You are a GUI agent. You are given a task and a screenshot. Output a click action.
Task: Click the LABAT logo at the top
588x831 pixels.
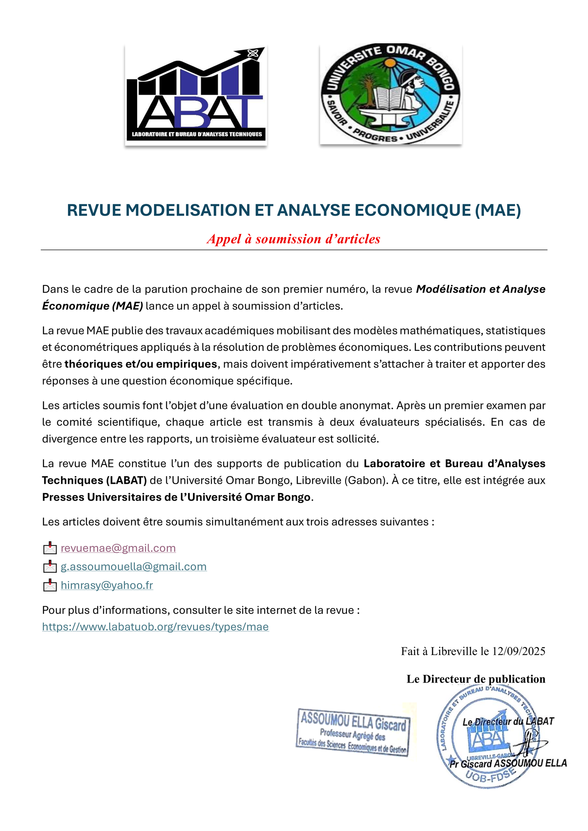(x=196, y=95)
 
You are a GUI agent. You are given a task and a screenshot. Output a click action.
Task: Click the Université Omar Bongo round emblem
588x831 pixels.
(x=390, y=94)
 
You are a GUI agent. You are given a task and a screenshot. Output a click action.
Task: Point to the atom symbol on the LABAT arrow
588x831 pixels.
(x=253, y=54)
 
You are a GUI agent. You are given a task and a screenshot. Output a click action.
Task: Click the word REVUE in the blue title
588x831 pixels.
(x=94, y=210)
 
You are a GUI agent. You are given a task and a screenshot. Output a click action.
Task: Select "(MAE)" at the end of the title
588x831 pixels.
(x=498, y=210)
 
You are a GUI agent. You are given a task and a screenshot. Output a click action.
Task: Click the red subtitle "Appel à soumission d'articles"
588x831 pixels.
(x=293, y=239)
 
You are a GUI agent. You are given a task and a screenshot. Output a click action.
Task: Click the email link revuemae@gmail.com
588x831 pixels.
(x=118, y=548)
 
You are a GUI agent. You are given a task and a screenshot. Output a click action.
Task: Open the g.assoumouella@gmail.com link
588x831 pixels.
(x=133, y=566)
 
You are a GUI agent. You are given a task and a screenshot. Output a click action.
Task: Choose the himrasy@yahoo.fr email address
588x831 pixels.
(x=107, y=585)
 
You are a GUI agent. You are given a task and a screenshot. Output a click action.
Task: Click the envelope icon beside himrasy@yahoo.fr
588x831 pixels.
(x=50, y=586)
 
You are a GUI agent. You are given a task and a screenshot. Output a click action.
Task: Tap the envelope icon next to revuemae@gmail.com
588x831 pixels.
(x=50, y=548)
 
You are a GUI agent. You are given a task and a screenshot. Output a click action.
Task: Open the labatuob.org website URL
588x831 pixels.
(x=155, y=627)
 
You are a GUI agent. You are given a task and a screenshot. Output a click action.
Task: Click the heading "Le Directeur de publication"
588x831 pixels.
(x=476, y=679)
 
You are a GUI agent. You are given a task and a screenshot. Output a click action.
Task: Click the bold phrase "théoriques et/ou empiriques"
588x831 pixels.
(x=141, y=364)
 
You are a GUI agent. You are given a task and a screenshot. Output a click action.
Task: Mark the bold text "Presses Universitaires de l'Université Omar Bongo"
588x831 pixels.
(x=176, y=497)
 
